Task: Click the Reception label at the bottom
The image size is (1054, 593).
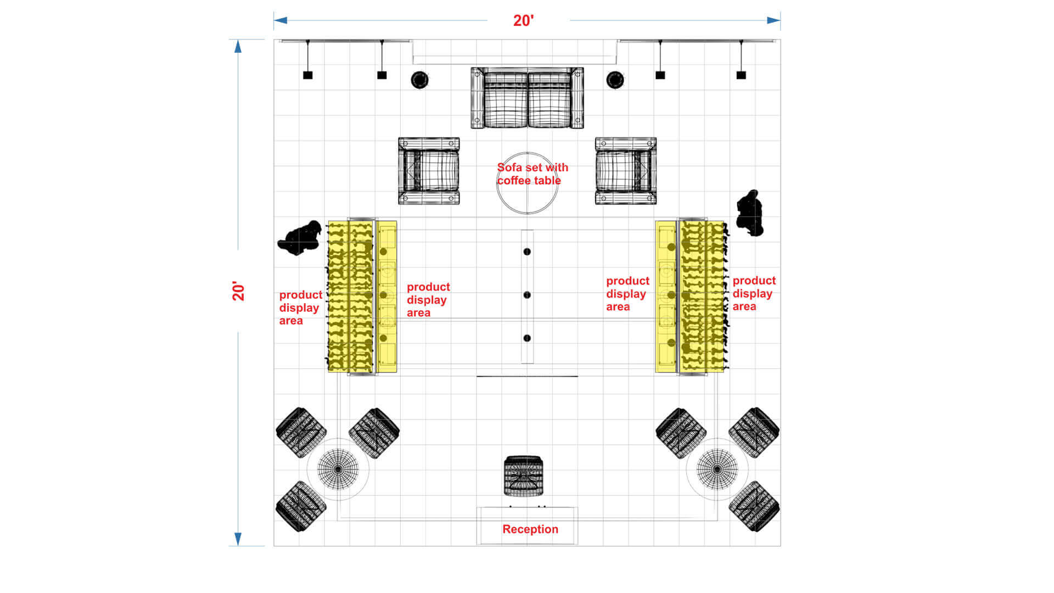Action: [x=530, y=529]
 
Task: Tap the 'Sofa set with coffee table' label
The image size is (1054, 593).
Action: [x=532, y=174]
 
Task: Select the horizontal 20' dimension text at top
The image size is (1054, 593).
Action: [x=523, y=21]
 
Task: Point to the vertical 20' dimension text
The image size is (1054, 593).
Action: [x=238, y=291]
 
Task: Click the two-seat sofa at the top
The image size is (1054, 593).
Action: [x=527, y=98]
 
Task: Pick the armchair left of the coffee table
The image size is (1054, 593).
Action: [x=429, y=171]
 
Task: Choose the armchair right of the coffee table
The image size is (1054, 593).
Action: [x=626, y=171]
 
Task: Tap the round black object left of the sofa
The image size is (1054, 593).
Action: [x=420, y=80]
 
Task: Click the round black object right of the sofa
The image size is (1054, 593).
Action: [x=615, y=80]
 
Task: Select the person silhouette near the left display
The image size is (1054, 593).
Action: [x=300, y=238]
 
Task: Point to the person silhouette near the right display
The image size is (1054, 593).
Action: [x=750, y=213]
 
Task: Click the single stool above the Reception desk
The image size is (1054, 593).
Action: [x=524, y=476]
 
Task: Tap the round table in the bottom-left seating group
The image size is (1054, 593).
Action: [x=338, y=469]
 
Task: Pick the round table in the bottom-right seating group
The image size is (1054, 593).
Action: [x=717, y=469]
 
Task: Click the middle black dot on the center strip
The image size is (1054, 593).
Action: [x=527, y=295]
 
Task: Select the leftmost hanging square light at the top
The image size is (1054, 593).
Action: [x=308, y=75]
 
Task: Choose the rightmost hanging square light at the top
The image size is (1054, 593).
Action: [x=741, y=75]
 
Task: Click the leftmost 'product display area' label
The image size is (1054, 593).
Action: [x=301, y=307]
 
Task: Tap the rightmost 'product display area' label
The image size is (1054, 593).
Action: [x=754, y=293]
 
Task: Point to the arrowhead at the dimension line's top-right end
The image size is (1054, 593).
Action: [x=774, y=20]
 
